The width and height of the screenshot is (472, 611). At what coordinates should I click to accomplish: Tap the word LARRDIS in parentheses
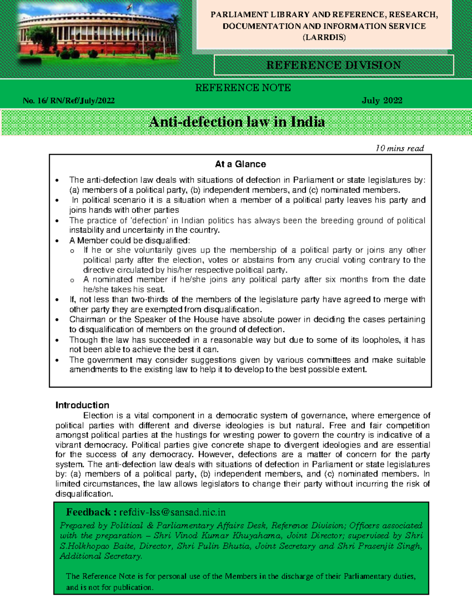[x=324, y=38]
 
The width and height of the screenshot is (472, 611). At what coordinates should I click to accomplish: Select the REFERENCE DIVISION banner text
[x=334, y=65]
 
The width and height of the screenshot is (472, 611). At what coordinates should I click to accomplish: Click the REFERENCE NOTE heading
[x=243, y=88]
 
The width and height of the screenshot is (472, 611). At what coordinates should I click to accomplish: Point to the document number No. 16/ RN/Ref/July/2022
[x=68, y=101]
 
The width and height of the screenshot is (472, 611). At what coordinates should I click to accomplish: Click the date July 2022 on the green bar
[x=382, y=100]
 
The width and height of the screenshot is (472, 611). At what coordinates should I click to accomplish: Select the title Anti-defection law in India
[x=237, y=122]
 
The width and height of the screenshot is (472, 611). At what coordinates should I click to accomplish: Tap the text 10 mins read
[x=400, y=148]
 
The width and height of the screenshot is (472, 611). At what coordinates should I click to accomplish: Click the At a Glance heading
[x=240, y=164]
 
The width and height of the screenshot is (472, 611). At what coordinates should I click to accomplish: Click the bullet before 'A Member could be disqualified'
[x=57, y=241]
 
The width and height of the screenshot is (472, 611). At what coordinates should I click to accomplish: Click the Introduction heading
[x=82, y=405]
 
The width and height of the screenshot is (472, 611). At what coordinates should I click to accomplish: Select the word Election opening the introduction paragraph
[x=98, y=415]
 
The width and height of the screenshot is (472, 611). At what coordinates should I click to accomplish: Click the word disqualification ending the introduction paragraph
[x=84, y=494]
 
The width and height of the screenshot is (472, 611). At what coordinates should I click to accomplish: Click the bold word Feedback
[x=88, y=512]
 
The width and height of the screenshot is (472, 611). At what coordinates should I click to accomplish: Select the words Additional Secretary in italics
[x=100, y=556]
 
